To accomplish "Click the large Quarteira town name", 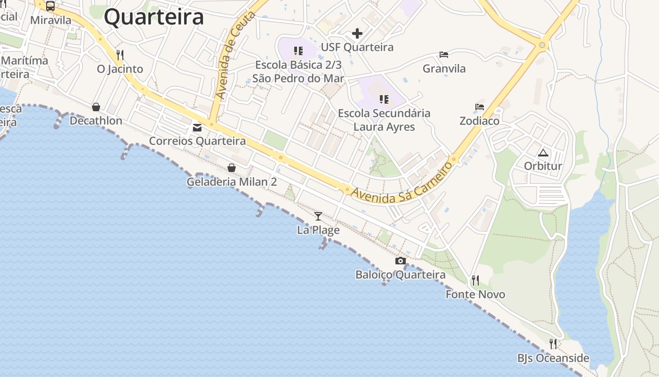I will click(x=154, y=17).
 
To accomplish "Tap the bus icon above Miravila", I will click(x=50, y=7).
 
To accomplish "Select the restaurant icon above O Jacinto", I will click(x=120, y=55).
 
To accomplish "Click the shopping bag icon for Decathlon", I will click(x=96, y=107).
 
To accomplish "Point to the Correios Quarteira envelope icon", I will click(x=197, y=128).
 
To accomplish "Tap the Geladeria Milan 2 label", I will click(x=232, y=182).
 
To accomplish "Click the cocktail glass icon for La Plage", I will click(x=318, y=216).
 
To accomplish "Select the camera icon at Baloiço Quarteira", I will click(x=401, y=261).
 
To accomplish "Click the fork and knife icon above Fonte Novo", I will click(x=475, y=281).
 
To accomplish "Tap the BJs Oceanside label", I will click(x=553, y=358).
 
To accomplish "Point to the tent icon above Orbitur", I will click(x=543, y=153).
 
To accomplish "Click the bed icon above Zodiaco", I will click(x=480, y=107).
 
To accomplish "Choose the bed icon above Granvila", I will click(x=444, y=55).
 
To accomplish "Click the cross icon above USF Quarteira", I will click(x=357, y=33).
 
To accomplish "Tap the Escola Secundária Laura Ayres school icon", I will click(x=384, y=99).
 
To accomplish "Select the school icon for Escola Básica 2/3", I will click(x=298, y=50).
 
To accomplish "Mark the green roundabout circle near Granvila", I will click(x=542, y=45).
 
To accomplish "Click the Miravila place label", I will click(x=51, y=20).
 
